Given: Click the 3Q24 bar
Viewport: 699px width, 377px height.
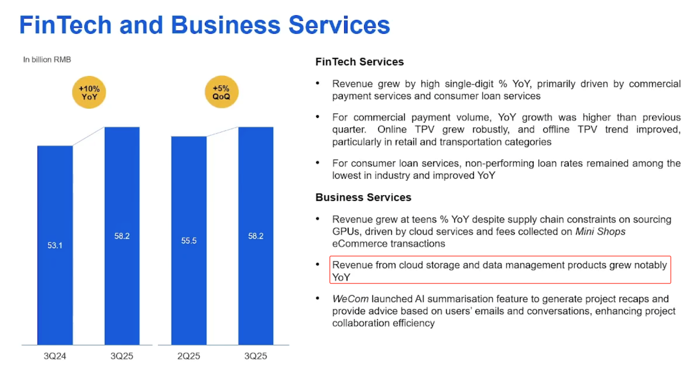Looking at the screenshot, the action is point(55,245).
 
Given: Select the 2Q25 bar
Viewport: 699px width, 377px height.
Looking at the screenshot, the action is point(189,240).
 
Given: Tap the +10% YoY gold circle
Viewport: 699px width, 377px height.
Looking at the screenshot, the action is point(89,93).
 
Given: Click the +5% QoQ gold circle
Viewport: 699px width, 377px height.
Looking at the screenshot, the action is point(221,92).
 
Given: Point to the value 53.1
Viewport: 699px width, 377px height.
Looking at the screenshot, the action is point(55,246).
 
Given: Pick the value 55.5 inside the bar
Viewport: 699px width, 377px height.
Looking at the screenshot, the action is point(189,241).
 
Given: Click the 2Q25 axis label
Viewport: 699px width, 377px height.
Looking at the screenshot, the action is point(188,356).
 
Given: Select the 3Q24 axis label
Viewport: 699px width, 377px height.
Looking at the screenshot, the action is point(55,356).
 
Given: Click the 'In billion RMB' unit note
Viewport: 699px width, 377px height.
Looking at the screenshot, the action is point(47,60).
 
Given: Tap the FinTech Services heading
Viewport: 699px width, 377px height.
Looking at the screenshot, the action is point(359,62).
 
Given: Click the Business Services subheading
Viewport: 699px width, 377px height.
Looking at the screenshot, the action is point(363,197).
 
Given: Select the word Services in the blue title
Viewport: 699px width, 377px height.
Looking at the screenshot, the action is point(339,25).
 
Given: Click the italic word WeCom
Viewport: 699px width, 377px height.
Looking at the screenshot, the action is point(350,299).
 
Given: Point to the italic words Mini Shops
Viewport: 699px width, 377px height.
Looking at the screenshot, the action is point(601,231).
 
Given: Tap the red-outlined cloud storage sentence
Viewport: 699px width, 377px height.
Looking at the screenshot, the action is point(500,271).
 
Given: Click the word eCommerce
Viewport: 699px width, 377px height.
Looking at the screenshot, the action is point(358,243).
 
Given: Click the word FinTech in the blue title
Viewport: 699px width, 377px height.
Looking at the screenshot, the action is point(65,25).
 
